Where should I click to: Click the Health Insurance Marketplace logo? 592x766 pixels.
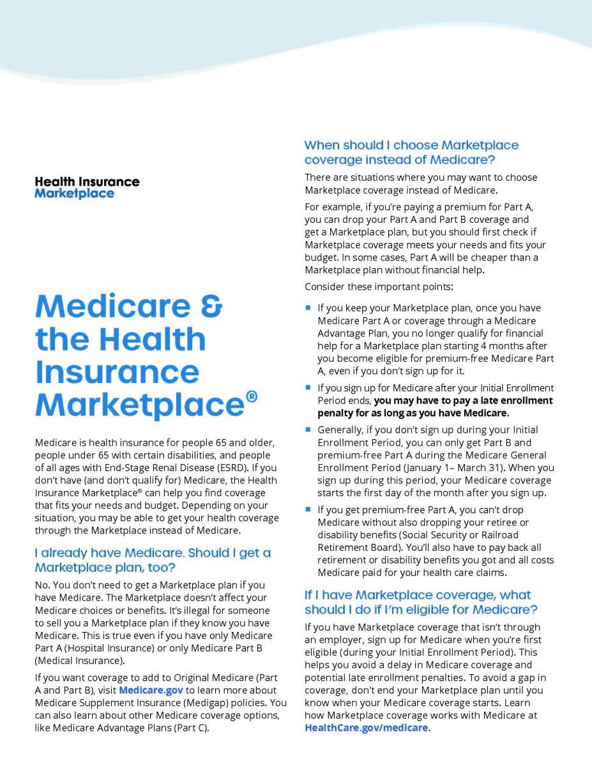(87, 188)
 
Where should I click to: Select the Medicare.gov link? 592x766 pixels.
(151, 691)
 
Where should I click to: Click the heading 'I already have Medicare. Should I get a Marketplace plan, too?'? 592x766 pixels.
(153, 560)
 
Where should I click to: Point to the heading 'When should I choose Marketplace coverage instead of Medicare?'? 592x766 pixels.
(411, 153)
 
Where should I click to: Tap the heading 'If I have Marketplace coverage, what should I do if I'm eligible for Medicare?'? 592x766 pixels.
(421, 602)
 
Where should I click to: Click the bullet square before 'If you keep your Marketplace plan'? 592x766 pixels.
(308, 307)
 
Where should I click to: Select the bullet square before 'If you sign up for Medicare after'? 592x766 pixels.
(308, 387)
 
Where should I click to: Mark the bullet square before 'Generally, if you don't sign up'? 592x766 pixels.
(308, 429)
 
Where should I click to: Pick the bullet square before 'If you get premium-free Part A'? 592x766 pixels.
(308, 509)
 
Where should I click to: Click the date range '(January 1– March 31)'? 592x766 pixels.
(469, 467)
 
